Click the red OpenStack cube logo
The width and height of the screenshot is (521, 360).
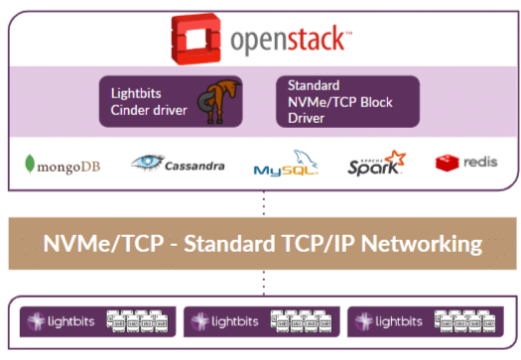pos(195,40)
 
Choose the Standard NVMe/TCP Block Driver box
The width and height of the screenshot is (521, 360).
pos(346,101)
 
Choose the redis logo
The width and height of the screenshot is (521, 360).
pos(465,162)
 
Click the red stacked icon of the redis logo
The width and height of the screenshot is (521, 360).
pos(446,162)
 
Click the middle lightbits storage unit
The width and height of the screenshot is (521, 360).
pos(261,320)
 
